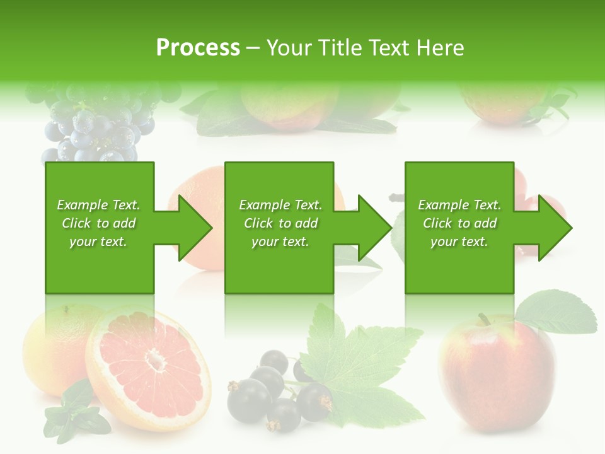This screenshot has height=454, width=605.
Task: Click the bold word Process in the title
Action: (x=198, y=48)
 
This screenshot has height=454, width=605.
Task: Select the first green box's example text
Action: (x=99, y=223)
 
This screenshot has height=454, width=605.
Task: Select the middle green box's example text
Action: (x=280, y=223)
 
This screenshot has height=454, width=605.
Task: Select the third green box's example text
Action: (x=459, y=223)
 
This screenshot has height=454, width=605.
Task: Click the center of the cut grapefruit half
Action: (x=154, y=362)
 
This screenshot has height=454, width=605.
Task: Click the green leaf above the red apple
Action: (x=558, y=312)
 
